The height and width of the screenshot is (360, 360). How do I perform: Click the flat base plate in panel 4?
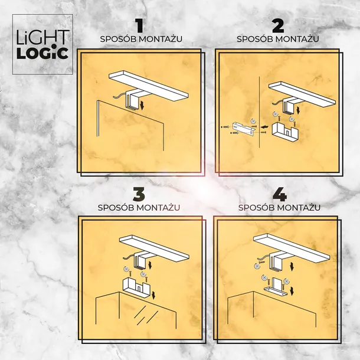click(x=277, y=291)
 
